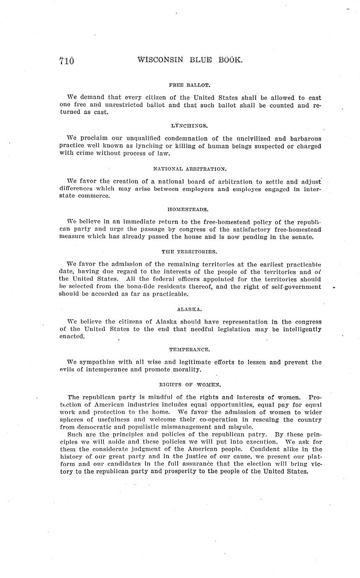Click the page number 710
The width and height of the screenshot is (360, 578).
[x=67, y=61]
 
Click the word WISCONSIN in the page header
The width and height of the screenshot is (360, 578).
[x=161, y=60]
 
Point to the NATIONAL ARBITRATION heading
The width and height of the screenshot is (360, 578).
[x=189, y=169]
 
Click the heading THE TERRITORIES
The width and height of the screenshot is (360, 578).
[x=189, y=252]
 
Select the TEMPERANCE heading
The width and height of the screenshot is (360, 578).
[x=189, y=349]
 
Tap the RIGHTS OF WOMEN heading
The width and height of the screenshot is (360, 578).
[x=190, y=384]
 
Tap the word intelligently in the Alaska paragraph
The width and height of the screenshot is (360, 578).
[x=299, y=329]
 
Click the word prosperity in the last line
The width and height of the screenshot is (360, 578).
[x=196, y=471]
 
